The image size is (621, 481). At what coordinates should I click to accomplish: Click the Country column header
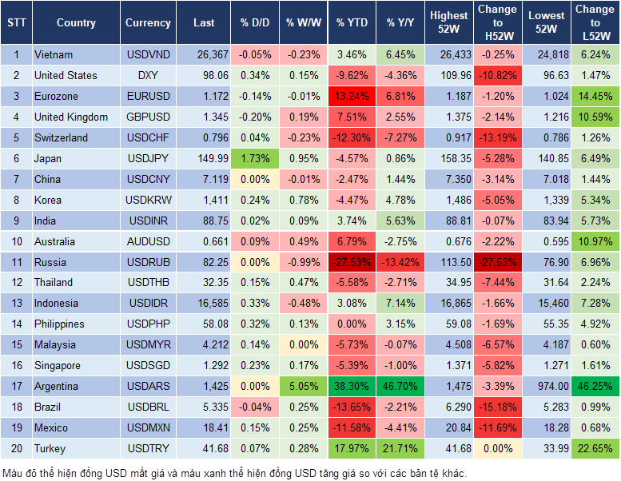coord(76,23)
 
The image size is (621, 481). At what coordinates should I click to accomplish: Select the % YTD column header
coord(352,23)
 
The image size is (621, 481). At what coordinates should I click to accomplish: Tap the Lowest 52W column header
coord(547,23)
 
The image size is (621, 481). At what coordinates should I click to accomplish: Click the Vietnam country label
coord(54,55)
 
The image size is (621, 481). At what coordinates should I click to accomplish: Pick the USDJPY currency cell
coord(148,158)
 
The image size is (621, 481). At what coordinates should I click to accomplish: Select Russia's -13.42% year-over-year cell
coord(400,262)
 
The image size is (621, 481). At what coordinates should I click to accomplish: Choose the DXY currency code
coord(148,76)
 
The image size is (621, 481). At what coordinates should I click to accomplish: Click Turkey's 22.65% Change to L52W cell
coord(595,448)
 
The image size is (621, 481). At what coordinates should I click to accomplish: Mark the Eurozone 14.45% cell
coord(595,97)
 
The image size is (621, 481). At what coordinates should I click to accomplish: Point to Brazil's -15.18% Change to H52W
coord(497,407)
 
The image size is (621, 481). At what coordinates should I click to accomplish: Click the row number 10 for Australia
coord(15,241)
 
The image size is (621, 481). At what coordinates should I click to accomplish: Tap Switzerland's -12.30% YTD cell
coord(352,137)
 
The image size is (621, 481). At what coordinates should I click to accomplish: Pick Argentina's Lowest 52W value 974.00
coord(547,386)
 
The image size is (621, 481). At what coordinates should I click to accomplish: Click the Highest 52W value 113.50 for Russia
coord(448,262)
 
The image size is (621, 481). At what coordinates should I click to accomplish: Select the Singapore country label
coord(57,365)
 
